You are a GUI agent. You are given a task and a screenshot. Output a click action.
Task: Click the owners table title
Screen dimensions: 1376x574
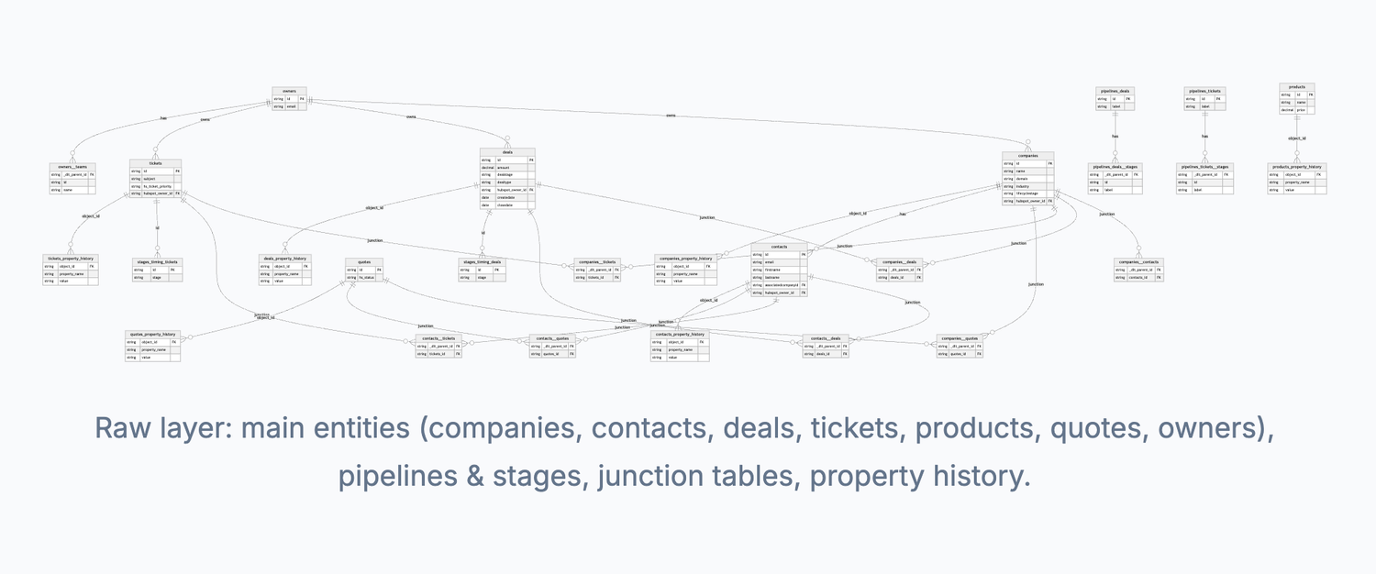289,91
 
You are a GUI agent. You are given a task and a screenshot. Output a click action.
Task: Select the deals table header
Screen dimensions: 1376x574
506,151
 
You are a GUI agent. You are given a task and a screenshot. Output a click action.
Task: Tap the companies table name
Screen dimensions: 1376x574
1027,156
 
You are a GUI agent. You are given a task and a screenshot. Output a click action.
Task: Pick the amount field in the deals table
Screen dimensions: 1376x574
505,168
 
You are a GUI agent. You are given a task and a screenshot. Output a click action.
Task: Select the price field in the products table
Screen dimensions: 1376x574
1301,110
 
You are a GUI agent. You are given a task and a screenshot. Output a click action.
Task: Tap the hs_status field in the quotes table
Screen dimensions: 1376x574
367,278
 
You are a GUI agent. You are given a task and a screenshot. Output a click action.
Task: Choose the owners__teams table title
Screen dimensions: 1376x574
72,166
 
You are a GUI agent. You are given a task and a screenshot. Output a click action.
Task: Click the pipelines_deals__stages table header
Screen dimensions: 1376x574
1115,167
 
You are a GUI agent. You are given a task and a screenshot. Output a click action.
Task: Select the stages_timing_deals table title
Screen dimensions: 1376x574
483,262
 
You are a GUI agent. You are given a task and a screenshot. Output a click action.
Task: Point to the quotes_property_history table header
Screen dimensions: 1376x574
153,334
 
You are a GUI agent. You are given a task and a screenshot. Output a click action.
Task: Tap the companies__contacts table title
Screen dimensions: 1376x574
1138,261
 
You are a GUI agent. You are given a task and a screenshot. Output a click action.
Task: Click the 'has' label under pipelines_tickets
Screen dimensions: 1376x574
1205,137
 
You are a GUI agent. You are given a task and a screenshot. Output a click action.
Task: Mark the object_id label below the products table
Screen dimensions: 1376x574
1296,138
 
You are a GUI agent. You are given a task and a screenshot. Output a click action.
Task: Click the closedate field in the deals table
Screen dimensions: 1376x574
505,205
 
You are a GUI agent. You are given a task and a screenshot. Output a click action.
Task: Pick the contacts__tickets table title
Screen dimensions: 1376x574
438,338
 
